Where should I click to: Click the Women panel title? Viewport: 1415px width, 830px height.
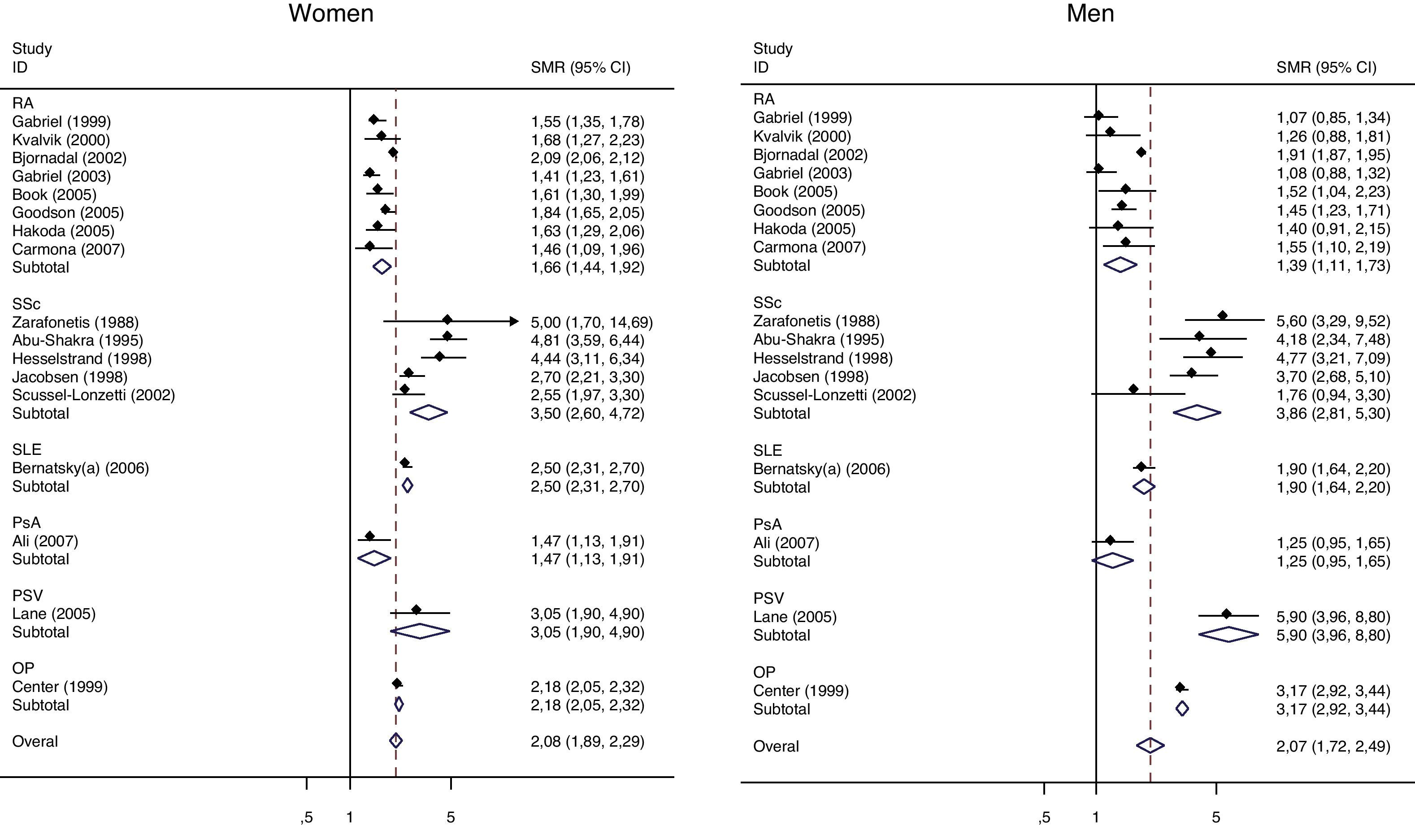click(331, 13)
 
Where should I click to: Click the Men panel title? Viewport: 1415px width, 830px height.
click(1090, 13)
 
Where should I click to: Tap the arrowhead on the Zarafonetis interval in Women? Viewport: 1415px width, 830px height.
click(514, 322)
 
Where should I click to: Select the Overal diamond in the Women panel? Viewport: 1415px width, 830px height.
click(396, 741)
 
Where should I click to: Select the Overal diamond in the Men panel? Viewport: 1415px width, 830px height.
click(1150, 746)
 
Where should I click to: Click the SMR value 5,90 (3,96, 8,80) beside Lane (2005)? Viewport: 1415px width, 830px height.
click(1333, 617)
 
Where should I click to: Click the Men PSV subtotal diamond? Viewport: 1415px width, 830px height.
click(1228, 635)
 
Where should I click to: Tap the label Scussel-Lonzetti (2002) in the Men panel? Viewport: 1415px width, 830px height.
click(834, 395)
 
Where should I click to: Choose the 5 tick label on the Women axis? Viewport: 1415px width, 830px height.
click(450, 817)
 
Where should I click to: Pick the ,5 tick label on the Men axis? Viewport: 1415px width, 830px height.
click(1044, 817)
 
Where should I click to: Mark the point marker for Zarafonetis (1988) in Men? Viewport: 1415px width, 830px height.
click(1222, 316)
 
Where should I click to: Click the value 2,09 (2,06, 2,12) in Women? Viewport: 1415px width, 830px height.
click(587, 158)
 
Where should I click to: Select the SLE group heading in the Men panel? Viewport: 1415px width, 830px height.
click(767, 451)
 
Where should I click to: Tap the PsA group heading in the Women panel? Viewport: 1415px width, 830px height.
click(26, 523)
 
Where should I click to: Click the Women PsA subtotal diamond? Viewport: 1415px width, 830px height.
click(374, 558)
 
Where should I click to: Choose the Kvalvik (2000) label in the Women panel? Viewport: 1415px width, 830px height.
click(61, 140)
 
